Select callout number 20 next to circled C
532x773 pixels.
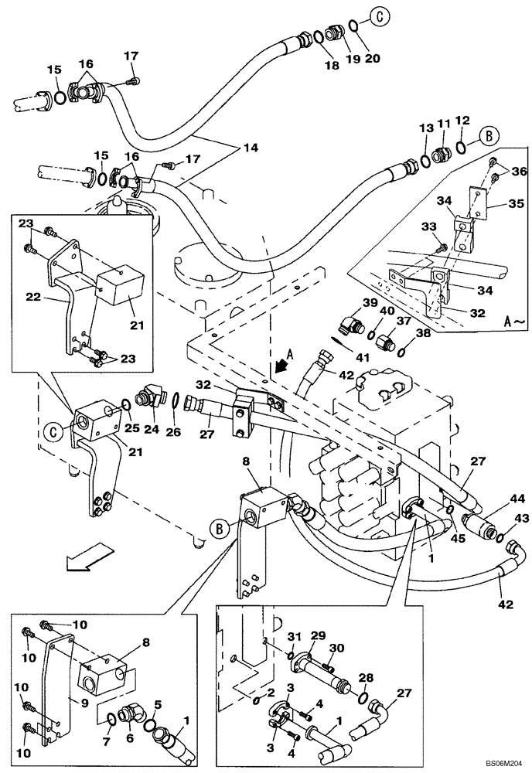(x=373, y=60)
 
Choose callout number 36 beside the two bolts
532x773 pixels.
(x=518, y=172)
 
